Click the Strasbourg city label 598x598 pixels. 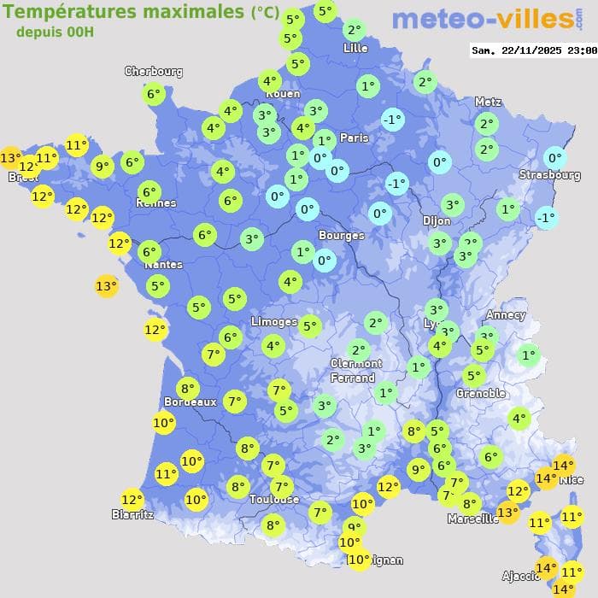549,175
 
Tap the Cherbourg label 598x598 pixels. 154,72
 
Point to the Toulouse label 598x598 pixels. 274,499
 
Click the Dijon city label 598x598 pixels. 436,220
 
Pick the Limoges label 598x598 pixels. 273,322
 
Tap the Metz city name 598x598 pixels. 488,102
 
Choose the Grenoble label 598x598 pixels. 480,394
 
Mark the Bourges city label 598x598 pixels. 341,235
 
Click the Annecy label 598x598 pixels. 505,315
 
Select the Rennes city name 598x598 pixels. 156,203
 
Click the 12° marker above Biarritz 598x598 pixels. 132,500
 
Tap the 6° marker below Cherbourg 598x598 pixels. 153,94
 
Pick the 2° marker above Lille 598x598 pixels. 354,31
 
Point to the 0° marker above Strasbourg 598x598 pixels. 554,157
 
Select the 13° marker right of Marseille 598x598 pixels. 508,513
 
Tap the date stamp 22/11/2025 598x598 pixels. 536,50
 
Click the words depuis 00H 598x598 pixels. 55,32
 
